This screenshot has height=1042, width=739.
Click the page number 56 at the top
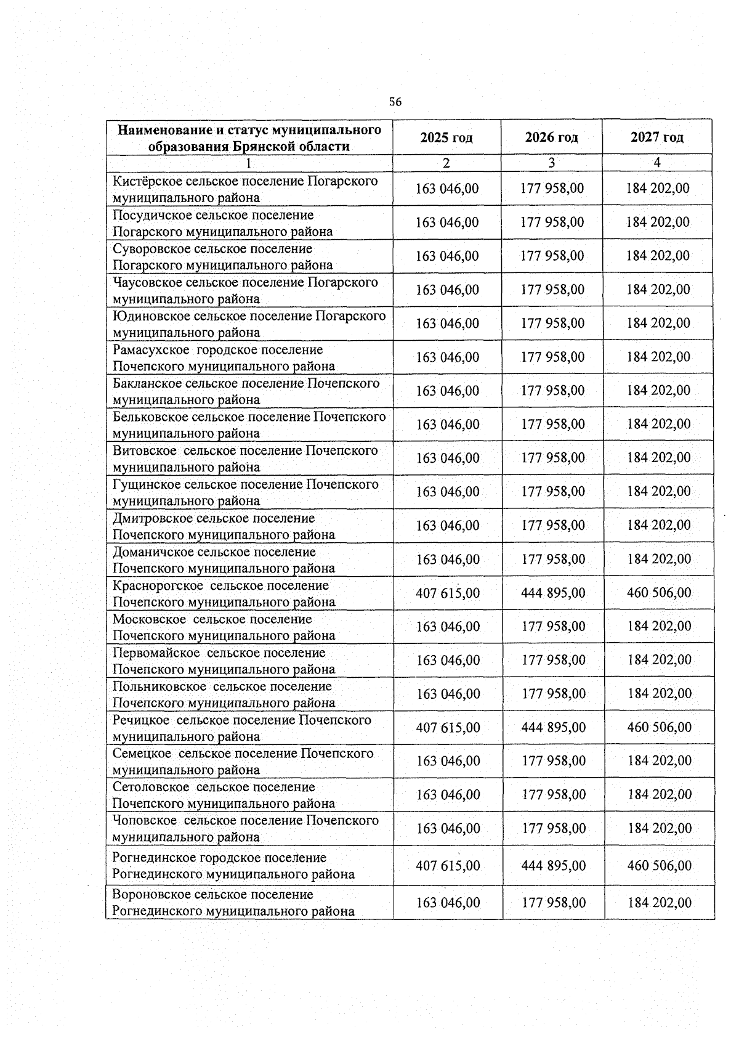[395, 102]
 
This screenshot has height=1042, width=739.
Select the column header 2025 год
[446, 137]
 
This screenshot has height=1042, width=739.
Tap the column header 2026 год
[551, 137]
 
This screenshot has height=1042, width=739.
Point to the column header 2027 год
[656, 137]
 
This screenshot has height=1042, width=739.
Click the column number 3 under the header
[551, 163]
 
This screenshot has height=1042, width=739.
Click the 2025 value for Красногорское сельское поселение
[448, 593]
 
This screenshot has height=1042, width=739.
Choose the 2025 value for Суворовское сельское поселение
[447, 256]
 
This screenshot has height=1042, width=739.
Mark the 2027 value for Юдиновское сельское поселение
[658, 324]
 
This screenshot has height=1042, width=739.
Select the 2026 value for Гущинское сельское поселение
[552, 492]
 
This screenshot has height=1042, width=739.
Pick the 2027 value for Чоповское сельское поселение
[660, 829]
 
